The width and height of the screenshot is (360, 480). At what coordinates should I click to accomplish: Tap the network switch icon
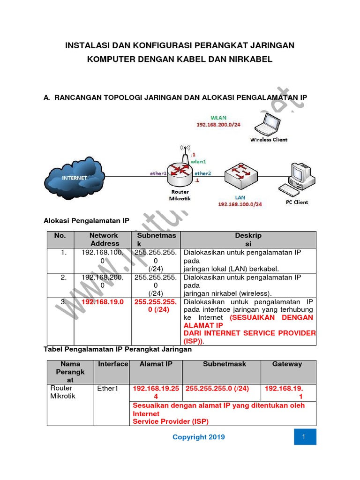point(240,175)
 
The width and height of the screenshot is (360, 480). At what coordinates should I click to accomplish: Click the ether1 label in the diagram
point(158,173)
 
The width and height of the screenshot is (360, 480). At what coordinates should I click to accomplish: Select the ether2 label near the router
point(203,173)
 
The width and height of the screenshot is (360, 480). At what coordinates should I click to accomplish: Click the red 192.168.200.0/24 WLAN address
point(218,125)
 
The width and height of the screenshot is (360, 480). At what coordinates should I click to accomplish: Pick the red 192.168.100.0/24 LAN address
point(240,204)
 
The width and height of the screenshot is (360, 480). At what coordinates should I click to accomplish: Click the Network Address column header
point(105,240)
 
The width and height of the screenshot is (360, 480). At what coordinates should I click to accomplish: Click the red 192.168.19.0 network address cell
point(103,302)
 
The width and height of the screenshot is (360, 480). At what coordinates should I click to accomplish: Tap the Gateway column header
point(287,364)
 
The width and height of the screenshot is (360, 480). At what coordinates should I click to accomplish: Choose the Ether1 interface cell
point(109,389)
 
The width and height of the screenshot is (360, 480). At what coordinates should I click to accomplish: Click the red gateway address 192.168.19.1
point(284,392)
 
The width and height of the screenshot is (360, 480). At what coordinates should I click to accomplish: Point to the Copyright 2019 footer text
point(198,437)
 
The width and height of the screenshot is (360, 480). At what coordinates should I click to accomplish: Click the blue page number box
point(305,437)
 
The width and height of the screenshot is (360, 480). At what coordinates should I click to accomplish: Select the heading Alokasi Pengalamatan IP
point(86,220)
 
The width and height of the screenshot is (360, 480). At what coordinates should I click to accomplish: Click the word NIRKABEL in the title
point(250,60)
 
